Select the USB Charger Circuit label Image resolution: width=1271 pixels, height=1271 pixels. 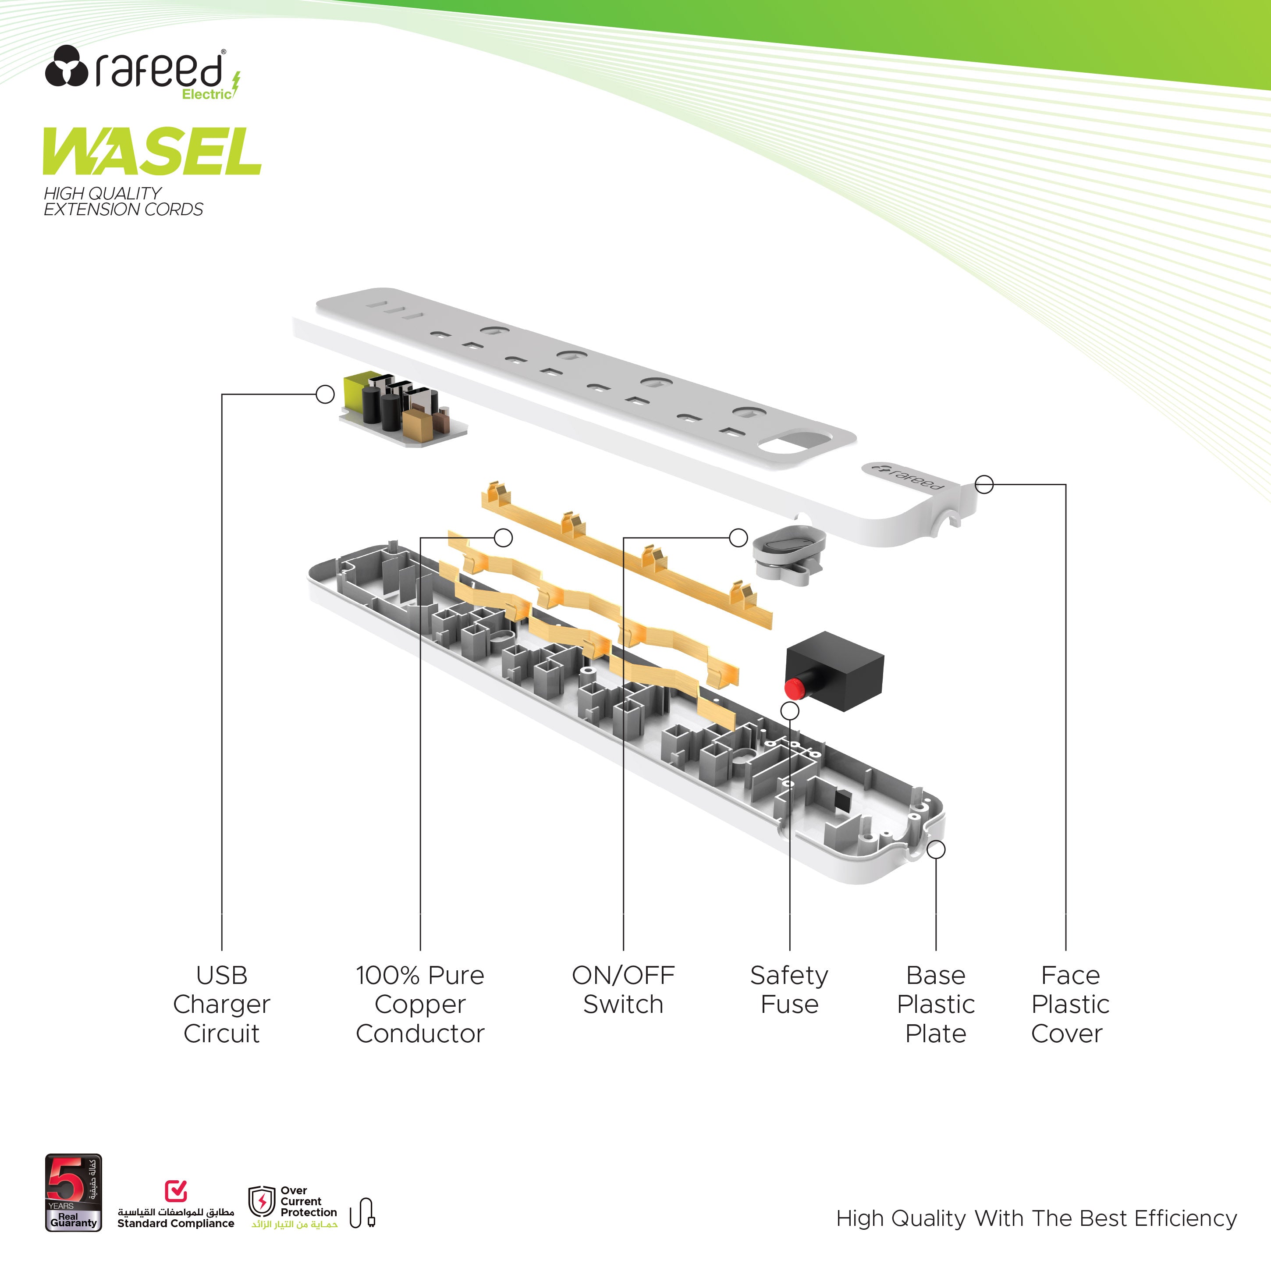[x=222, y=1004]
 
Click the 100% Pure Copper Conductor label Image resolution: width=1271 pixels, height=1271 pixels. [x=420, y=1004]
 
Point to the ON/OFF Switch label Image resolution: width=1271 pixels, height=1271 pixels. [x=623, y=990]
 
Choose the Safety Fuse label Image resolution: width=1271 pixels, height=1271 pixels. [x=789, y=990]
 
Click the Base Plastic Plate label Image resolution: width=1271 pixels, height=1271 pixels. [x=935, y=1004]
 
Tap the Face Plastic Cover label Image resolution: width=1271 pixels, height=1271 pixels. [x=1070, y=1004]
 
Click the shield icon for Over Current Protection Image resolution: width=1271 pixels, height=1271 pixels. [x=262, y=1201]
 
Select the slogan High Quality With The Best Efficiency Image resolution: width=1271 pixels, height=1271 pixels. [x=1036, y=1218]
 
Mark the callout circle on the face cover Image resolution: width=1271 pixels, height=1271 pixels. [x=984, y=484]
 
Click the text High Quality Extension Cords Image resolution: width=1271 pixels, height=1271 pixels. [x=123, y=201]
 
